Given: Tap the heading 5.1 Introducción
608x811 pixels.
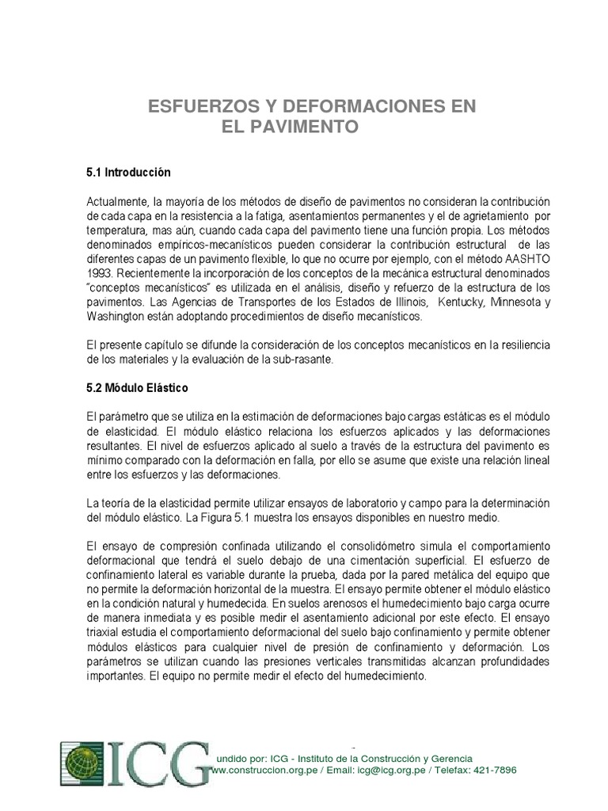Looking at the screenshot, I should pos(127,171).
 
